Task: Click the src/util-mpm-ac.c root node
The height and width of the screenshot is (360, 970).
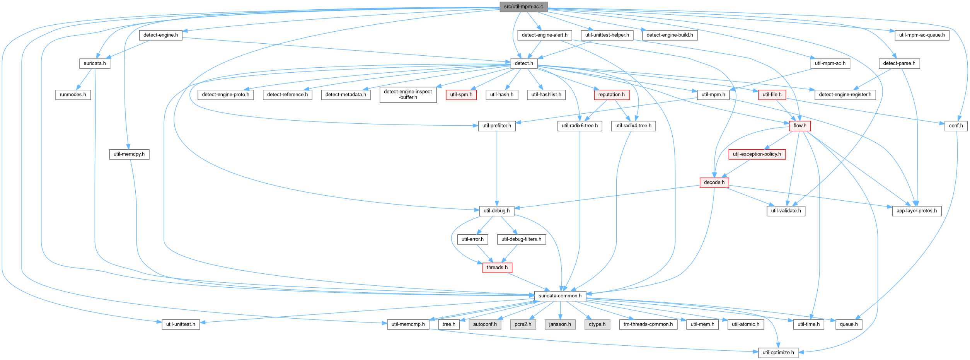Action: pos(523,7)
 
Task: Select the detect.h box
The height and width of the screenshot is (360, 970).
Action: pos(524,63)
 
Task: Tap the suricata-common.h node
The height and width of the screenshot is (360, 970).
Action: pos(560,296)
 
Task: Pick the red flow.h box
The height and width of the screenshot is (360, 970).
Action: pos(800,126)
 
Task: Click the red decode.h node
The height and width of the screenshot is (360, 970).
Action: pos(714,183)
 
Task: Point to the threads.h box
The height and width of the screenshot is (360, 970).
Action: pos(497,268)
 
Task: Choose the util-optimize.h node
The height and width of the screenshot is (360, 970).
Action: pos(778,353)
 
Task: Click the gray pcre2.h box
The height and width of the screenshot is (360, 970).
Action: pos(523,324)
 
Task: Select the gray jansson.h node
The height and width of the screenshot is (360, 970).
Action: pos(560,324)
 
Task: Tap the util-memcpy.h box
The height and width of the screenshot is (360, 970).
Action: pos(129,154)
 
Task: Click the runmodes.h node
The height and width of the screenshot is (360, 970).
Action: pos(73,95)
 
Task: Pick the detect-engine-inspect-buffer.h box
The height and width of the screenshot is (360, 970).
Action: pos(408,95)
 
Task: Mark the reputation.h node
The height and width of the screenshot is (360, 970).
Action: pos(612,95)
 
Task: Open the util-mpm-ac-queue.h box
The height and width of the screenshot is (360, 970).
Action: pos(922,35)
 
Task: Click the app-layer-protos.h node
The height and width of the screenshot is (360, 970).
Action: pos(917,211)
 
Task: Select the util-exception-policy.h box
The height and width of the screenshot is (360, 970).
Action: pos(757,154)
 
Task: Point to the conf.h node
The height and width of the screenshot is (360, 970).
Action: pos(956,126)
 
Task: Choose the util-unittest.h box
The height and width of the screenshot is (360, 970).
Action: pos(181,324)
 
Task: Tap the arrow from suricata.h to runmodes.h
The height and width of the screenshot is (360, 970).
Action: pos(84,79)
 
